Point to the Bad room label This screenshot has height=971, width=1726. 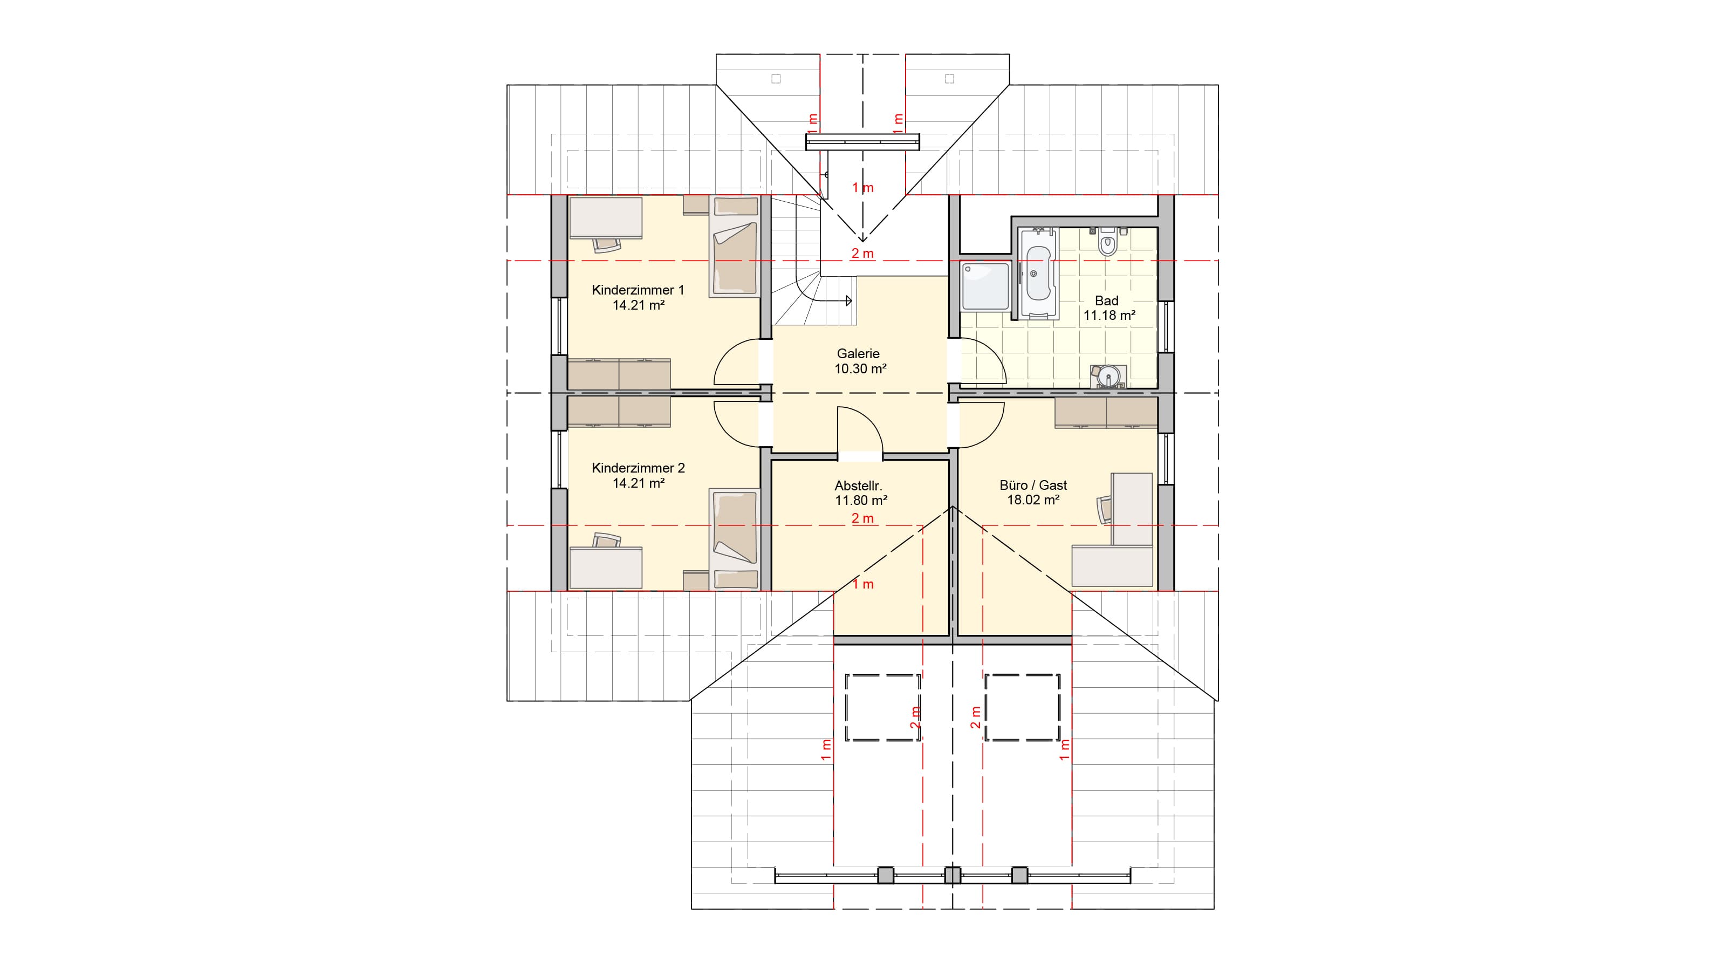1106,301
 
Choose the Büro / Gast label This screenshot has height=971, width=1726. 1033,485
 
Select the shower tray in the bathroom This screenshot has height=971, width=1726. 985,286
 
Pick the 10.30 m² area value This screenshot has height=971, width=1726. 860,368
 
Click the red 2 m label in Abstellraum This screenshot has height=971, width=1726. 862,518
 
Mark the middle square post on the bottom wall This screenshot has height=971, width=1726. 952,875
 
